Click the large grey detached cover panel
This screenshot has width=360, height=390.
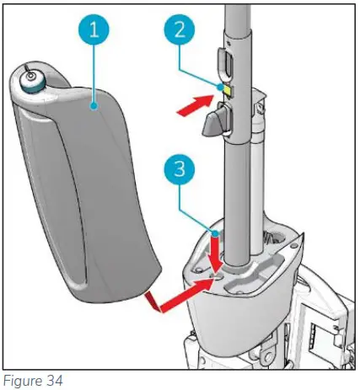84,202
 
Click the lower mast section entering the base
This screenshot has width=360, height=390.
238,219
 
